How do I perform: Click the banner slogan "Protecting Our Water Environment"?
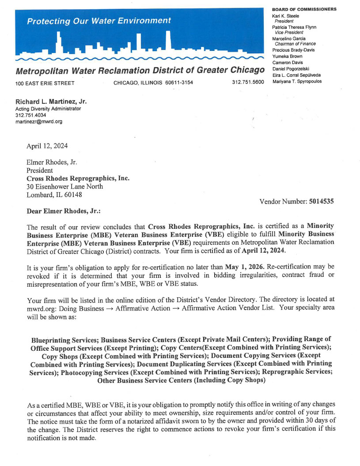[99, 21]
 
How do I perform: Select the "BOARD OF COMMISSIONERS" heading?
[304, 9]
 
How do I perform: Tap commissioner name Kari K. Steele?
[286, 16]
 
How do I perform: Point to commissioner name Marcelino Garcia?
[289, 38]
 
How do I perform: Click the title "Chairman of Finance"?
[295, 44]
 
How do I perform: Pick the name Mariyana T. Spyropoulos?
[297, 81]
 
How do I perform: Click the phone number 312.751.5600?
[247, 83]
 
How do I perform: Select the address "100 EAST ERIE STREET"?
[45, 83]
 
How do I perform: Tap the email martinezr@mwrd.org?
[39, 121]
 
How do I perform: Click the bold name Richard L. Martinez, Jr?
[51, 101]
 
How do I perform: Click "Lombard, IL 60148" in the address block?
[54, 194]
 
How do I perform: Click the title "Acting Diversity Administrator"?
[48, 109]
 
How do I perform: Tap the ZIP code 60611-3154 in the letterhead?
[179, 83]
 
